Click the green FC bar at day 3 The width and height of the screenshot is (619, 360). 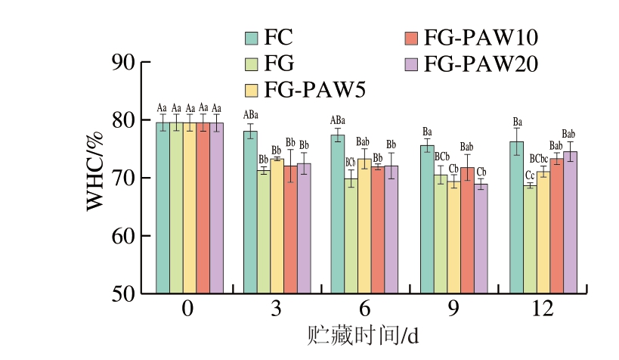[x=250, y=212]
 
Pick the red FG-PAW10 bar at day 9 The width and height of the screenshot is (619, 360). [x=468, y=230]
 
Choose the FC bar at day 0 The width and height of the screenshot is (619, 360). [x=162, y=207]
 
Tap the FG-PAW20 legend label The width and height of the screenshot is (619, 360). [x=481, y=64]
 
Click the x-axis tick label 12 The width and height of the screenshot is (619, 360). [x=543, y=310]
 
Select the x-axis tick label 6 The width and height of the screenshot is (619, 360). [x=365, y=310]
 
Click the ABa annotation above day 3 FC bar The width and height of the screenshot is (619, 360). [x=250, y=115]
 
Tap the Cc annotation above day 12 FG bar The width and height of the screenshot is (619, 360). [x=530, y=175]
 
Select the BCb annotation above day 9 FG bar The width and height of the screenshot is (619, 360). [x=441, y=157]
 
